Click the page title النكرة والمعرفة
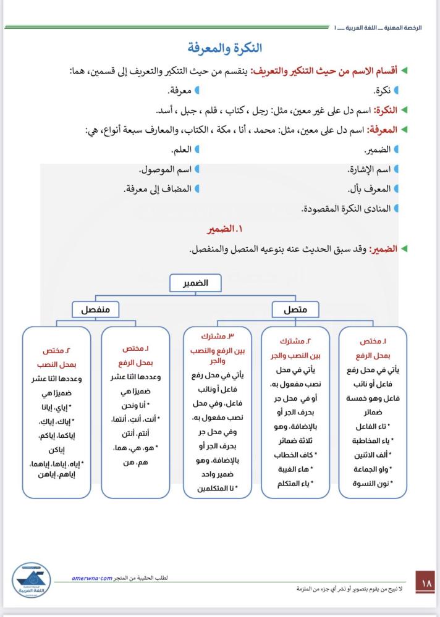(x=225, y=48)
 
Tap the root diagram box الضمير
(x=195, y=283)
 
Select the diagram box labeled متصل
(x=295, y=309)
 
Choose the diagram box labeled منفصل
(x=95, y=309)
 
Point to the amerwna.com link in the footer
(x=91, y=578)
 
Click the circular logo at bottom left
(x=33, y=580)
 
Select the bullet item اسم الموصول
(x=164, y=169)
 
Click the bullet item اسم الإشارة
(x=368, y=169)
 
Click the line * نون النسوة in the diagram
(x=373, y=483)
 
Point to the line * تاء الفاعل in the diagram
(x=373, y=427)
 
